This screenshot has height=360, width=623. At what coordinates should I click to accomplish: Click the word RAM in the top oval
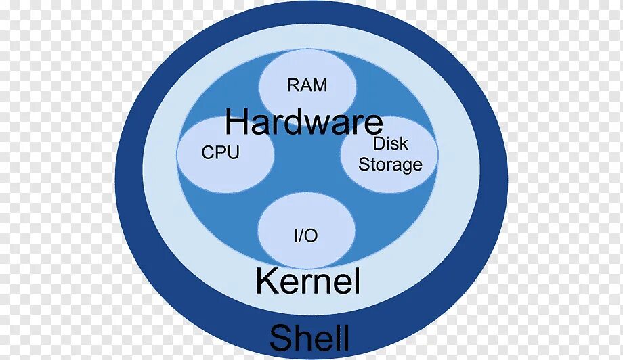coord(307,85)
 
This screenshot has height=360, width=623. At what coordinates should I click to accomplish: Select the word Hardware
coord(303,122)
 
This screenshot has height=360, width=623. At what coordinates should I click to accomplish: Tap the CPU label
coord(220,153)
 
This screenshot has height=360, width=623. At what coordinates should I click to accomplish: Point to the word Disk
coord(390,143)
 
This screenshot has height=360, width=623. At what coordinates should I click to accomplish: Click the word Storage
coord(390,164)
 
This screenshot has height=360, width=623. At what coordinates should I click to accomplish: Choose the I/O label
coord(305,235)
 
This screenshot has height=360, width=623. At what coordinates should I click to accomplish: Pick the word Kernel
coord(307,282)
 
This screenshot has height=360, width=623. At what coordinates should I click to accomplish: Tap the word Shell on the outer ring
coord(309,338)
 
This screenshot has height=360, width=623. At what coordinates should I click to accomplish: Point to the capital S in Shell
coord(280,338)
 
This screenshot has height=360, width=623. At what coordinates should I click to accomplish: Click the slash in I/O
coord(305,235)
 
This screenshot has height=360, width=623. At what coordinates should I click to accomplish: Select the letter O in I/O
coord(312,235)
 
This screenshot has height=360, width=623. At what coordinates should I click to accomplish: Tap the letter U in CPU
coord(232,153)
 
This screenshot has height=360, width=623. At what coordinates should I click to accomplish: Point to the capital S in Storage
coord(364,164)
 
